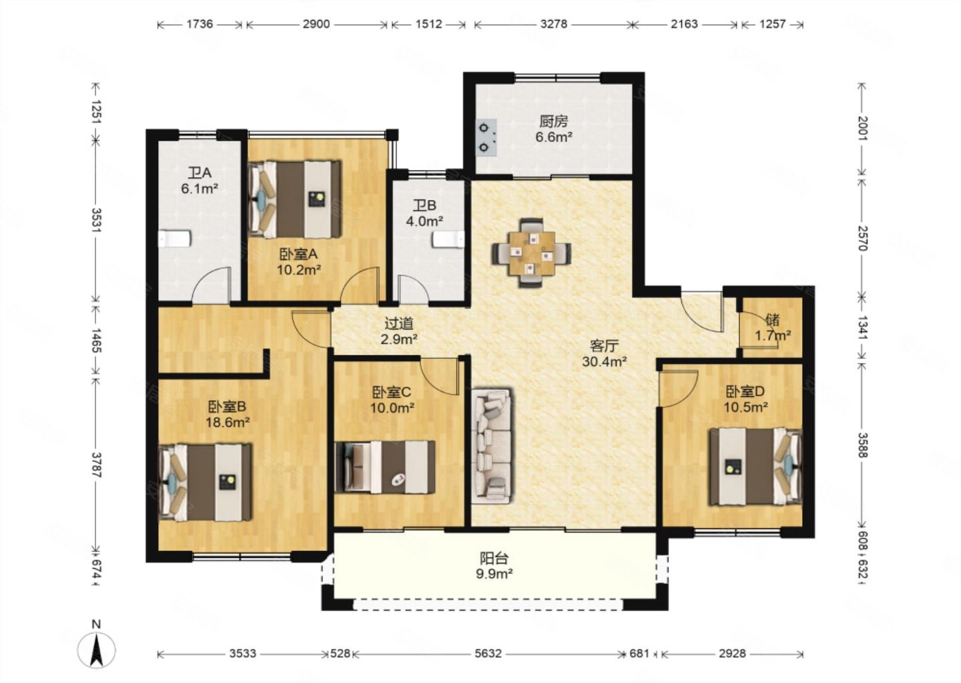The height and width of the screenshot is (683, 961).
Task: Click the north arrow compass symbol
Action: pyautogui.click(x=97, y=650)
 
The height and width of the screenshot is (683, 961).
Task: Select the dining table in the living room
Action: pyautogui.click(x=531, y=253)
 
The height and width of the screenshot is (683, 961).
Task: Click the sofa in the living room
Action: pyautogui.click(x=492, y=446)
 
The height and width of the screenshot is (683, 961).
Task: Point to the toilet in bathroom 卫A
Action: pyautogui.click(x=174, y=239)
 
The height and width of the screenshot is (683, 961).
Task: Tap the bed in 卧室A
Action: pyautogui.click(x=296, y=199)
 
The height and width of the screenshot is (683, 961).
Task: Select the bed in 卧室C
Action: pyautogui.click(x=385, y=467)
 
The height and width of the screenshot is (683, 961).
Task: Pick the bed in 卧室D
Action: pyautogui.click(x=755, y=466)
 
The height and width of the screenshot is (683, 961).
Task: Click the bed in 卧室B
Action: pyautogui.click(x=205, y=483)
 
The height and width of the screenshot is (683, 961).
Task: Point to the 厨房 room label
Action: pyautogui.click(x=553, y=122)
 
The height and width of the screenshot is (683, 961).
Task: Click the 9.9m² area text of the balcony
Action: pyautogui.click(x=495, y=574)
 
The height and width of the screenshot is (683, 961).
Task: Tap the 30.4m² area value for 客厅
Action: pyautogui.click(x=605, y=362)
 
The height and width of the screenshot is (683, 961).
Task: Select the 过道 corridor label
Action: pyautogui.click(x=398, y=323)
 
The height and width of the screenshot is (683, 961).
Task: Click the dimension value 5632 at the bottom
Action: pyautogui.click(x=488, y=654)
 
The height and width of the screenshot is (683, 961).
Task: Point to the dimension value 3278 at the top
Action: pyautogui.click(x=554, y=24)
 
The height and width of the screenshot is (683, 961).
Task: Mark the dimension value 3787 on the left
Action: pyautogui.click(x=96, y=465)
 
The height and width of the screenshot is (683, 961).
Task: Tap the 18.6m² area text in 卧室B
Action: pyautogui.click(x=228, y=422)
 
